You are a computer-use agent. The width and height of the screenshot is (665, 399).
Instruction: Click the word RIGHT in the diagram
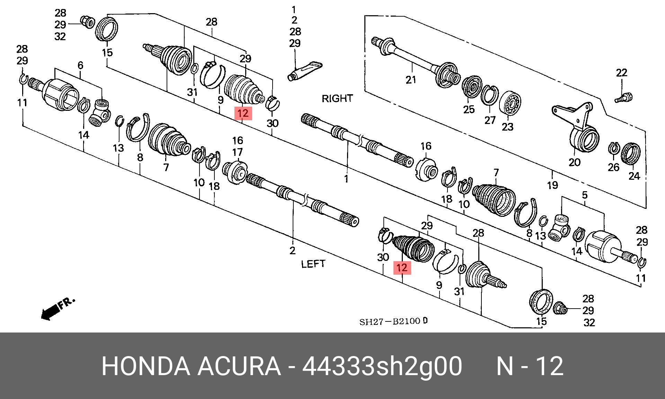click(337, 98)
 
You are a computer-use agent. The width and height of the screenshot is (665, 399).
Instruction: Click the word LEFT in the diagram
click(313, 264)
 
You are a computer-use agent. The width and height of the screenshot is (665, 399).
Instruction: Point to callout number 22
click(622, 73)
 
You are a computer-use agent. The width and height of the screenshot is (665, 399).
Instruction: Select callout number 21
click(411, 80)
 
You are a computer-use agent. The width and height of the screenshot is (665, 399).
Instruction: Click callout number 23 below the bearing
click(507, 127)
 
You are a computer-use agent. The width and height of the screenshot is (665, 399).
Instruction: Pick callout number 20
click(574, 162)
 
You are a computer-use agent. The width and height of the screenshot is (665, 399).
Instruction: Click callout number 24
click(634, 176)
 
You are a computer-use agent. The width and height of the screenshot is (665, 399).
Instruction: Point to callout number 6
click(80, 65)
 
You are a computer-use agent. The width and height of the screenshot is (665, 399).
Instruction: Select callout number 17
click(237, 152)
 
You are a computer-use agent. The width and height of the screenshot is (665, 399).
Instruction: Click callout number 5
click(585, 195)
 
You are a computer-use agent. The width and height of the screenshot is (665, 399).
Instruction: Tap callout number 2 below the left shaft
click(293, 250)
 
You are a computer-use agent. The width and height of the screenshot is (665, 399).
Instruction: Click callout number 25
click(469, 109)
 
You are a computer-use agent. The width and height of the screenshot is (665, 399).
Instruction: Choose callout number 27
click(490, 120)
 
